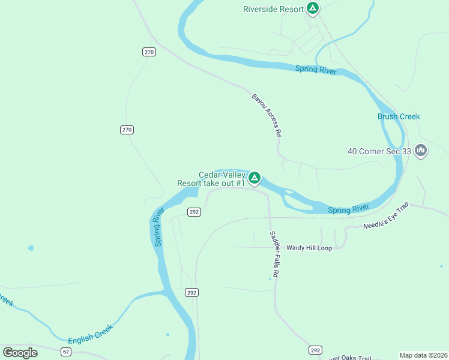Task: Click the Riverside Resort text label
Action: point(274,9)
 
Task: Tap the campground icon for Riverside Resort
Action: point(312,8)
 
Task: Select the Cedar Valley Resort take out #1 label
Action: point(211,179)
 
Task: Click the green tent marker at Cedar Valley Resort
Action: point(255,178)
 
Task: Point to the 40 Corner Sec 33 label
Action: point(379,151)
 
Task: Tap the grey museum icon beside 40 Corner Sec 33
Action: point(421,150)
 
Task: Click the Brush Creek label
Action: point(399,116)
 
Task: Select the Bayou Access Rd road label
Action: point(267,115)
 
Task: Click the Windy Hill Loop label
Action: point(309,247)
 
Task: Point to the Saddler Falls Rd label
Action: point(275,254)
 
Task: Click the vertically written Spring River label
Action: point(158,227)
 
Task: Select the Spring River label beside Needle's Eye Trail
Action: point(348,209)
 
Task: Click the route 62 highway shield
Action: point(66,351)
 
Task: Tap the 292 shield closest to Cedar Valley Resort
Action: point(193,212)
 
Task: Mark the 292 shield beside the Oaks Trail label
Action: point(315,350)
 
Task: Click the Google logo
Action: point(20,352)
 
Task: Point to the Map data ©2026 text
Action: point(424,355)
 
